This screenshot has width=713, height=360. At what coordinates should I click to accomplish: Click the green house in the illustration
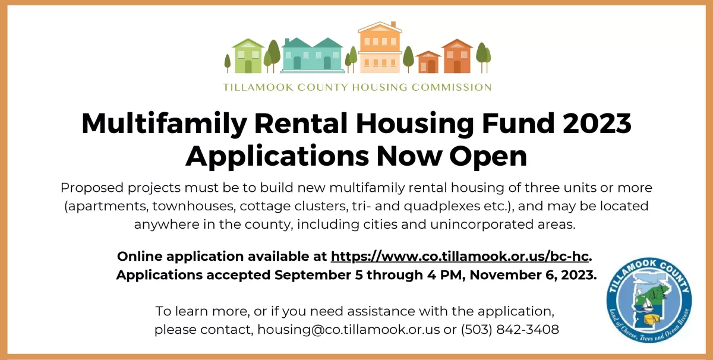click(248, 56)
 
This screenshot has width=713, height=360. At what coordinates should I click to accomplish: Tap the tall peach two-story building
click(380, 48)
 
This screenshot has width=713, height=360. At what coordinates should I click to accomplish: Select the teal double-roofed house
click(313, 55)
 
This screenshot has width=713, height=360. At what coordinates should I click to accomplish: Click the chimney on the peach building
click(393, 24)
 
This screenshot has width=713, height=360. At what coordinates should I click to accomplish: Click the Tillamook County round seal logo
click(649, 300)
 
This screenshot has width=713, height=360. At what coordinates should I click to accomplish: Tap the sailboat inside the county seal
click(647, 305)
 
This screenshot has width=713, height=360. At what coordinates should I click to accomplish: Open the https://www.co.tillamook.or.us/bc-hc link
click(460, 256)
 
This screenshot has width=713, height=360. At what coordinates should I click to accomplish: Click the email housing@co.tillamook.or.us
click(349, 330)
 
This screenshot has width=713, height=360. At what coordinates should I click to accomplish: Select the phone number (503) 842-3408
click(510, 330)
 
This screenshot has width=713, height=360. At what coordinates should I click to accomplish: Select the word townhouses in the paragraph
click(194, 206)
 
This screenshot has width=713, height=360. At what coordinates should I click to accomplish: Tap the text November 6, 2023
click(533, 275)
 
